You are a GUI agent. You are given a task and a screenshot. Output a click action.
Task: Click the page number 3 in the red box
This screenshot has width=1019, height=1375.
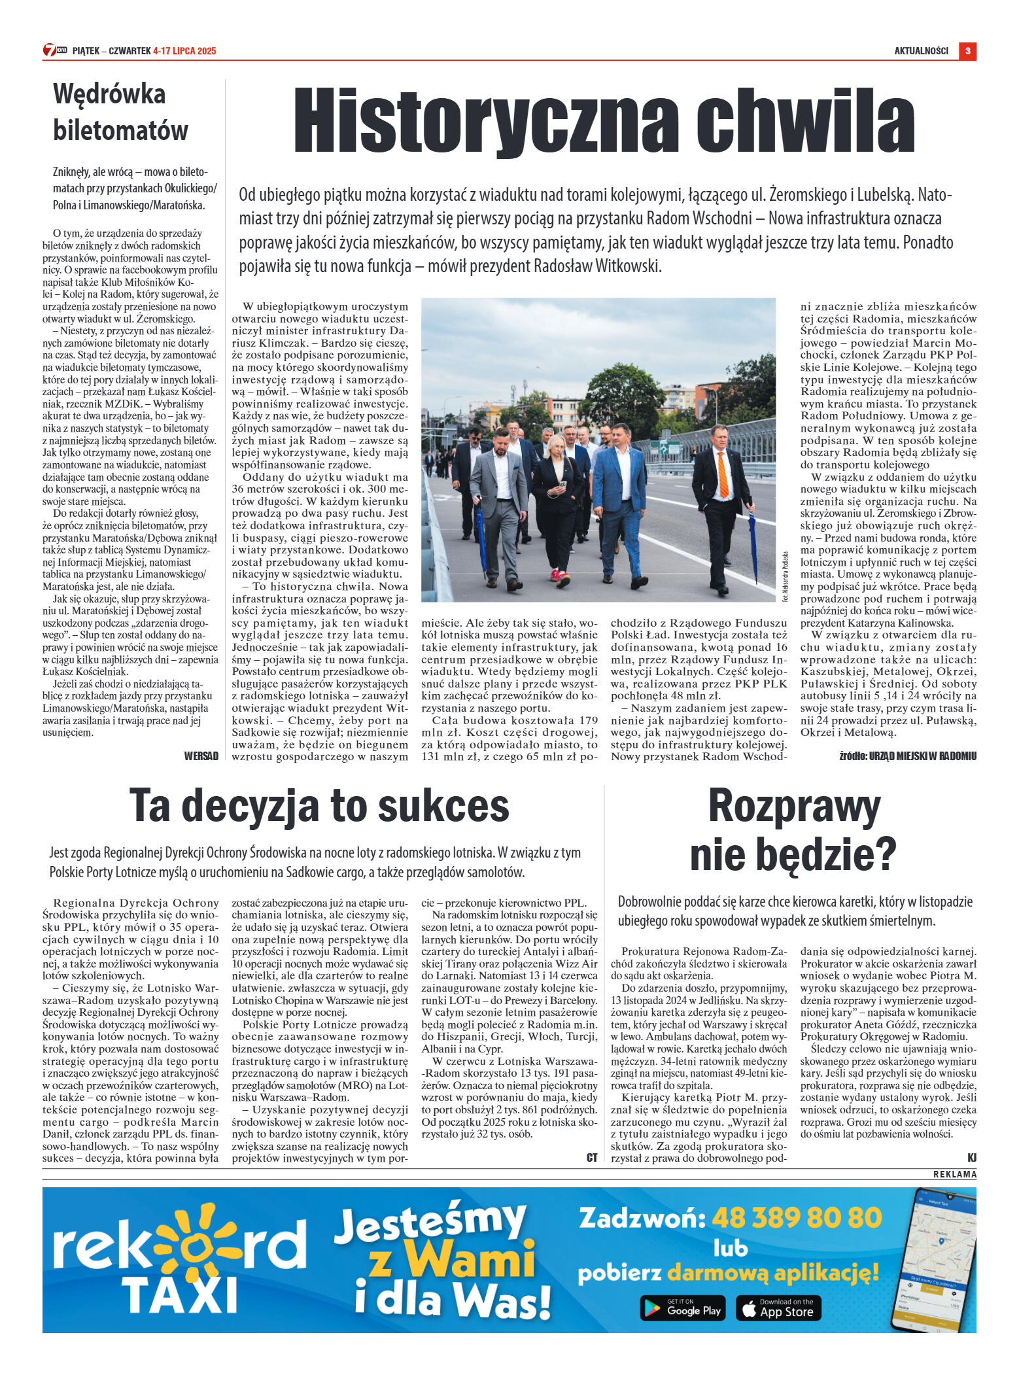point(967,51)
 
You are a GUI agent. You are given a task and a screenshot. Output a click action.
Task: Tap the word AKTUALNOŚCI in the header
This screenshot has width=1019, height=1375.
point(921,51)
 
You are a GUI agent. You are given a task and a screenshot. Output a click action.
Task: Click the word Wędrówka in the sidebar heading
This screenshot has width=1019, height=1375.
point(109,94)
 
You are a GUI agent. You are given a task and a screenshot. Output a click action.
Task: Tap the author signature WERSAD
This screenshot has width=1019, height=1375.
point(201,756)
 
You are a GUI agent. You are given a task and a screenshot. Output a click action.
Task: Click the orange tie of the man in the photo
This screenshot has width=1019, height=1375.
point(722,474)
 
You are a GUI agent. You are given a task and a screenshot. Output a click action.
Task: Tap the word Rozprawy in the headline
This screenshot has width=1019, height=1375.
point(794,807)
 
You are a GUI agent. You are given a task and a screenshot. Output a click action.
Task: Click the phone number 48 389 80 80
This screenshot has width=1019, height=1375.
point(797,1218)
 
